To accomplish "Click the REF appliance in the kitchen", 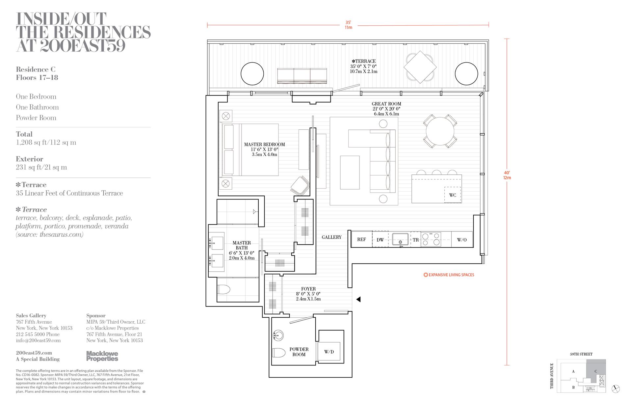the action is pyautogui.click(x=362, y=239).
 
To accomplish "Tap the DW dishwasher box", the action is pyautogui.click(x=380, y=239).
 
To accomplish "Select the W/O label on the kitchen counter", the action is pyautogui.click(x=462, y=240).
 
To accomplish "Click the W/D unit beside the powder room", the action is pyautogui.click(x=329, y=352).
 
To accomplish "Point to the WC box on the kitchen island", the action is pyautogui.click(x=453, y=195).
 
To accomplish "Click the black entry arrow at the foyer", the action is pyautogui.click(x=358, y=299).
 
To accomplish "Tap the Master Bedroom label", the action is pyautogui.click(x=265, y=144).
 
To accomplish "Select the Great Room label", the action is pyautogui.click(x=386, y=104).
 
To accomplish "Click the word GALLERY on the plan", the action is pyautogui.click(x=331, y=237).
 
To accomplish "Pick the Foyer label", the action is pyautogui.click(x=308, y=289).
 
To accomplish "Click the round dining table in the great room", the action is pyautogui.click(x=440, y=131).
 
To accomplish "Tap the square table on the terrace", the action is pyautogui.click(x=420, y=67).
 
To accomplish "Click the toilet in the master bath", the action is pyautogui.click(x=224, y=289).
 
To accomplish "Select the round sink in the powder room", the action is pyautogui.click(x=278, y=335).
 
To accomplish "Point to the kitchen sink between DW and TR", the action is pyautogui.click(x=400, y=239).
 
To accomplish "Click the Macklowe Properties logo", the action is pyautogui.click(x=102, y=356).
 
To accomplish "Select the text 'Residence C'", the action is pyautogui.click(x=36, y=69).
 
